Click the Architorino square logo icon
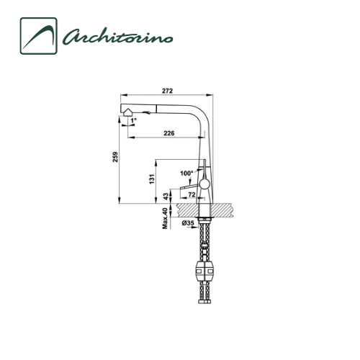(38, 36)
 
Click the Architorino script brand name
(117, 37)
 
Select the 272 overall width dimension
(167, 91)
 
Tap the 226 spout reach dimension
(169, 133)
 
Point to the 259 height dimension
(115, 157)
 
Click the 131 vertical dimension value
(152, 179)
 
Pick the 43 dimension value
(166, 197)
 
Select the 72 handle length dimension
(192, 194)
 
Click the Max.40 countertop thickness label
(165, 218)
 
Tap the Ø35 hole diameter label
(188, 223)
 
